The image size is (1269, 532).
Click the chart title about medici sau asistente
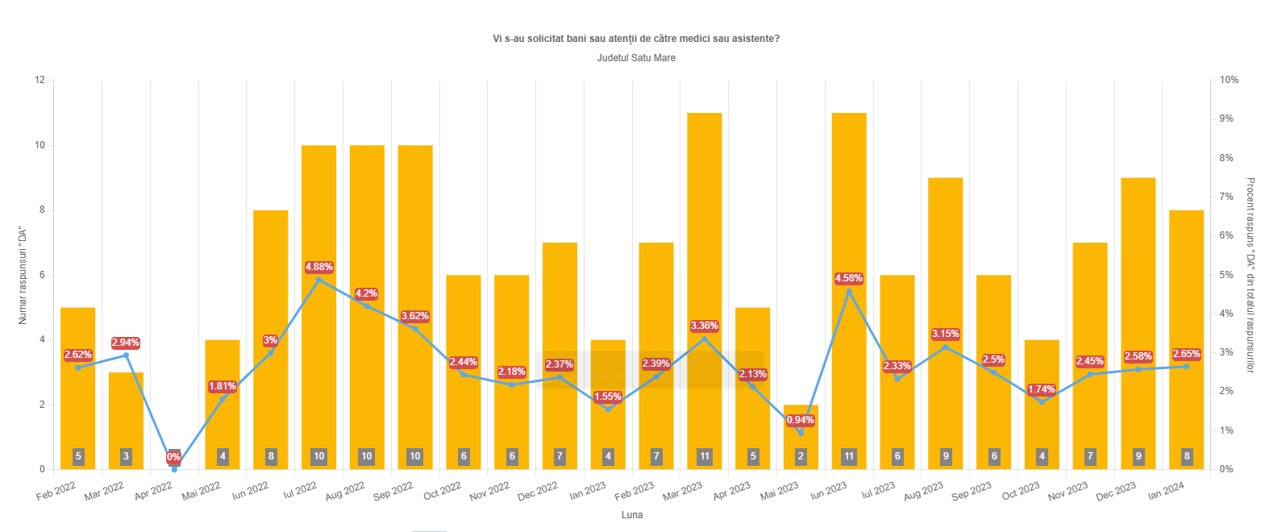636,39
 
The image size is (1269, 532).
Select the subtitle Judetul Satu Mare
636,58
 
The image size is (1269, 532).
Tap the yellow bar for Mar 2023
704,242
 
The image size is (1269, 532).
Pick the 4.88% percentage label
318,267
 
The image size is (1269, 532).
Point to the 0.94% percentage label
801,420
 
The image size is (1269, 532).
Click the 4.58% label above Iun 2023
849,278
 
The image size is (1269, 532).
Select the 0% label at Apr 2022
174,457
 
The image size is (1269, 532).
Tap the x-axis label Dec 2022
538,491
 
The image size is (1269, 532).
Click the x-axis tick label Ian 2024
1166,491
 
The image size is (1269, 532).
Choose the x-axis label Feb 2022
56,491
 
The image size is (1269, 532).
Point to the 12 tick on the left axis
40,80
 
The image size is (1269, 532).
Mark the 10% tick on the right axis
1229,80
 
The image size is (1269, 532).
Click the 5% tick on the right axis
1226,275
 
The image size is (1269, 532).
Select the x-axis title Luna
632,515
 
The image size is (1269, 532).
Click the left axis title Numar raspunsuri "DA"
23,275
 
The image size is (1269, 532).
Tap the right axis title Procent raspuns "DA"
1250,275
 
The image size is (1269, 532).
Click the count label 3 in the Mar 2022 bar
126,456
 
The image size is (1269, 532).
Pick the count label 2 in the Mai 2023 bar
801,456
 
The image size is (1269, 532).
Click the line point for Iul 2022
318,280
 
